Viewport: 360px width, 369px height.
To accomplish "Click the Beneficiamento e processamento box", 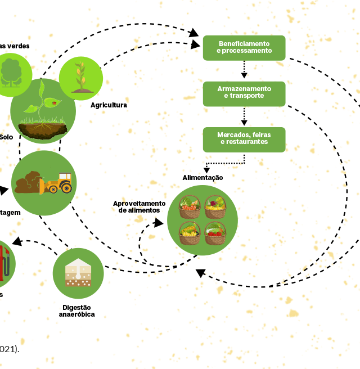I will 244,48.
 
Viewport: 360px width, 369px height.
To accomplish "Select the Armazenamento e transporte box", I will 244,93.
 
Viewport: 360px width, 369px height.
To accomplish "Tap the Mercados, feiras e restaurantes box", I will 244,139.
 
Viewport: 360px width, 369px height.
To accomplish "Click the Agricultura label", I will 109,105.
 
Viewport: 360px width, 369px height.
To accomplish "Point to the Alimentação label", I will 202,178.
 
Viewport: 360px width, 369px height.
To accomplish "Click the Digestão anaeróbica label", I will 77,311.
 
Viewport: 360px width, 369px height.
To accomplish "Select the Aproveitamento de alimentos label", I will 139,206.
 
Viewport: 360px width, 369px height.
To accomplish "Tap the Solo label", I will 6,137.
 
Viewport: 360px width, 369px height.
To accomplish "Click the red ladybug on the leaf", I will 54,103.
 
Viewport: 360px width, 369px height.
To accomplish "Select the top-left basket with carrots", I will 190,207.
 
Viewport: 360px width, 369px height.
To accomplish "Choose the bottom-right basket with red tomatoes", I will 215,233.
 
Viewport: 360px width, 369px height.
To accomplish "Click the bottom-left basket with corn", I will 190,233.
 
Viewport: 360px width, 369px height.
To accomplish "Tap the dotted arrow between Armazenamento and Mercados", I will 244,116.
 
